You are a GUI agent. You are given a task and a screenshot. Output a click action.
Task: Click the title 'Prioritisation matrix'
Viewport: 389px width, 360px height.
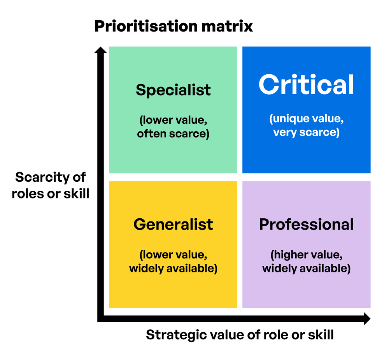[173, 26]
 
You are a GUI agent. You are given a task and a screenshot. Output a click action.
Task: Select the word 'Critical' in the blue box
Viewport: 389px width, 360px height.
[307, 85]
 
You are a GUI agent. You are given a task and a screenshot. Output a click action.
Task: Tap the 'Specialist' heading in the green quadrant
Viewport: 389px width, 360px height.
[173, 90]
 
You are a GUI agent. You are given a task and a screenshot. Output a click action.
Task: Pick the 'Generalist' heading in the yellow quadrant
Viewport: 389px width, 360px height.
[173, 225]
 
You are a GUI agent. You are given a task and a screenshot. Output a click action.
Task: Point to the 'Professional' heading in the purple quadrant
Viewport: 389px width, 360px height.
[307, 225]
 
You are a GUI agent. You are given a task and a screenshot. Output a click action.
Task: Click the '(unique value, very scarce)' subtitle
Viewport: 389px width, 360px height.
[307, 125]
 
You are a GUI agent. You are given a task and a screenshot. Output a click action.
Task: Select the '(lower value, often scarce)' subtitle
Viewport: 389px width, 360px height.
[173, 127]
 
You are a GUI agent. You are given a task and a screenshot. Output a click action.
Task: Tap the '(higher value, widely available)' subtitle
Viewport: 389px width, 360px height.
[307, 262]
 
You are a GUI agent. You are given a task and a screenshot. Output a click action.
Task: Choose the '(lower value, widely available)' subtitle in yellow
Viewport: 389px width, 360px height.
[173, 262]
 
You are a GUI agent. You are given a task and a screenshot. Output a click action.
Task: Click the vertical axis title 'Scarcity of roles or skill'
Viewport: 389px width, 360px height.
[51, 185]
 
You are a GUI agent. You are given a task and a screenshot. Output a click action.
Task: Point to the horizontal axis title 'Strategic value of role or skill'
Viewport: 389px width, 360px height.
[240, 335]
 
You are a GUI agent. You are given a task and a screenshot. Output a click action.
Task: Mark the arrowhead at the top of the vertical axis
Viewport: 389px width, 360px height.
[100, 50]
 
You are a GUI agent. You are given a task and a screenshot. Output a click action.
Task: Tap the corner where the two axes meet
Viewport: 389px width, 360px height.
[101, 319]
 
